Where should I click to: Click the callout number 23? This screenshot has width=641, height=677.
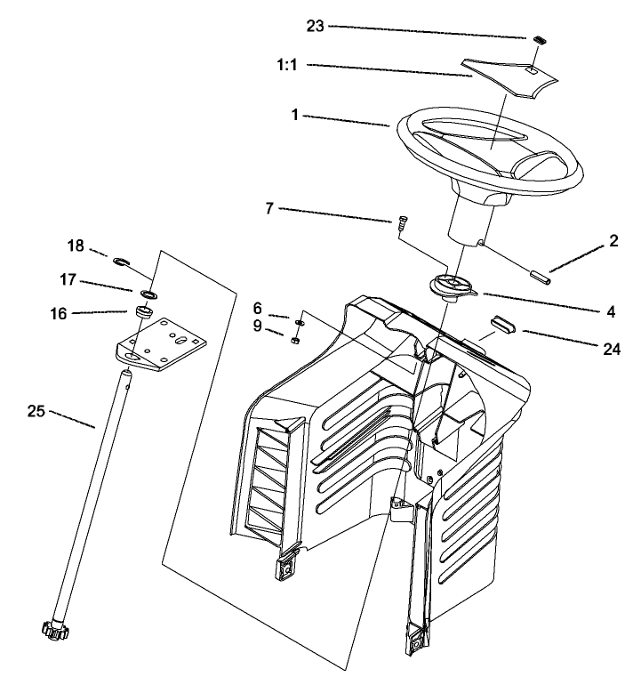click(x=316, y=26)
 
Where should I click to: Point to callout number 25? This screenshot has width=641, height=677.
click(x=36, y=411)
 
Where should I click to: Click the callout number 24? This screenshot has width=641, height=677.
click(x=611, y=349)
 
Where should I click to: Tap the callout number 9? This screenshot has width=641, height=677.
click(x=259, y=326)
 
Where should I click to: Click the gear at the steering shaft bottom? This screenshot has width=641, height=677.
click(x=55, y=633)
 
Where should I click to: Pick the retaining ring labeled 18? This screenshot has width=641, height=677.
click(x=122, y=261)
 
